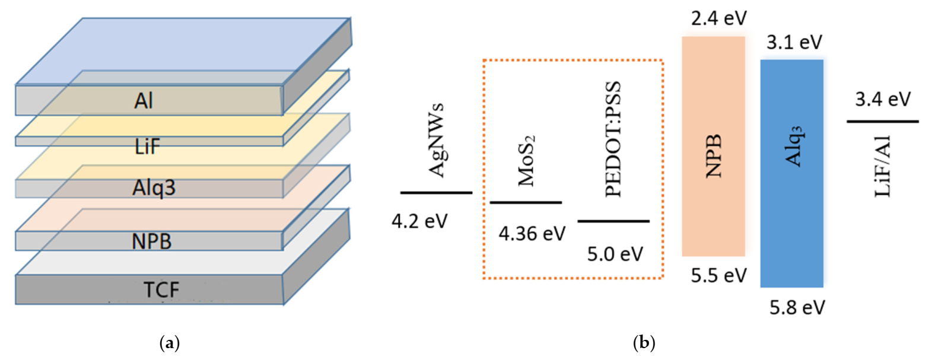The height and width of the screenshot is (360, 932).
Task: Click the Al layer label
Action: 144,101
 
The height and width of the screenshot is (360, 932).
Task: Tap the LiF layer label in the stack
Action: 147,145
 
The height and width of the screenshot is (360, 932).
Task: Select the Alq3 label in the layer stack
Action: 154,188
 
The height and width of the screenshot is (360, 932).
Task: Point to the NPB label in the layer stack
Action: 151,241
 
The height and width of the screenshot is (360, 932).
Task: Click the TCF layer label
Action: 161,290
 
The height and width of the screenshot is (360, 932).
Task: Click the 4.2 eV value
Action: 419,221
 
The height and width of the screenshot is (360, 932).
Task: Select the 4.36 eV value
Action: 532,234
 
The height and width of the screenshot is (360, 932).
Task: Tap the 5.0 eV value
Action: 615,254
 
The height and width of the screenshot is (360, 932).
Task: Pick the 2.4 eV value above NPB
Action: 718,18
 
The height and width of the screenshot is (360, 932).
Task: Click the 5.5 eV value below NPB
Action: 718,276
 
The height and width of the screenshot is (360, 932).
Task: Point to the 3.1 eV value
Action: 794,42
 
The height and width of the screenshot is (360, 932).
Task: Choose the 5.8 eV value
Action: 797,308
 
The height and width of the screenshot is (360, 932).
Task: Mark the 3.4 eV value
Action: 882,99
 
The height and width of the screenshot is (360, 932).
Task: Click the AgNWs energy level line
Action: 436,193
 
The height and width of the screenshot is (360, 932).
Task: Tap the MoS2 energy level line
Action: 526,203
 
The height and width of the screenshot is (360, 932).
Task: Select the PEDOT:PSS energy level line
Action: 613,221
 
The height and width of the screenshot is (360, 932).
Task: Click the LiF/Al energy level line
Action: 882,122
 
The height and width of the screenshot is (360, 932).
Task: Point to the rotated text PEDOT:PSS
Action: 613,140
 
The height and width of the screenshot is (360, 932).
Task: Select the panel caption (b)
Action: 644,343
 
